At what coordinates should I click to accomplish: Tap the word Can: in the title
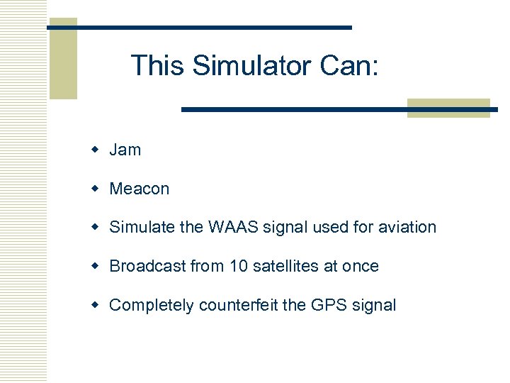[x=350, y=66]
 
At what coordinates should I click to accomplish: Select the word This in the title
[x=158, y=66]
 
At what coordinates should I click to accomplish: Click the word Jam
[x=125, y=150]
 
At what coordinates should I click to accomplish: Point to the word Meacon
[x=140, y=189]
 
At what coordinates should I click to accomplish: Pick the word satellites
[x=283, y=266]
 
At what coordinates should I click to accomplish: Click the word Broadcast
[x=147, y=266]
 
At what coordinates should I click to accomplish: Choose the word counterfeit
[x=239, y=305]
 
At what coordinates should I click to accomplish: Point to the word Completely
[x=152, y=305]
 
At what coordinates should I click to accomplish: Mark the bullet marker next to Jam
[x=95, y=150]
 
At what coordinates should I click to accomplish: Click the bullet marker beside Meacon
[x=95, y=189]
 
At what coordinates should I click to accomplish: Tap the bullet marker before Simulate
[x=95, y=228]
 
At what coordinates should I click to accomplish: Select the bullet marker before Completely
[x=95, y=306]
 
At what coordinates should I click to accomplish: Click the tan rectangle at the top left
[x=62, y=59]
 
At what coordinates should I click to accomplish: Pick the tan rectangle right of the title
[x=448, y=108]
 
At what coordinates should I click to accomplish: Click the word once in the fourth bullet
[x=361, y=266]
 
